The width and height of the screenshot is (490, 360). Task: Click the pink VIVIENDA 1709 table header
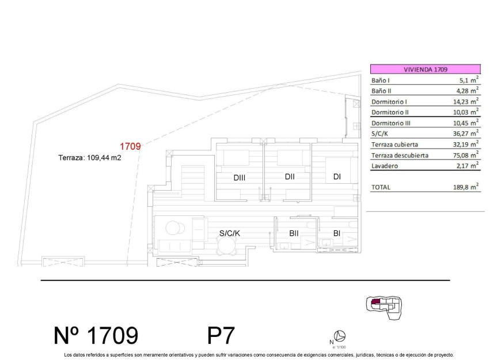click(x=425, y=69)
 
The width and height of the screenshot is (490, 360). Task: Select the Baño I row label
click(x=381, y=80)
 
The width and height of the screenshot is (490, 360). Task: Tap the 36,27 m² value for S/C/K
click(x=466, y=134)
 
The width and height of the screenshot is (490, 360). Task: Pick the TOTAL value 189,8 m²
click(x=466, y=187)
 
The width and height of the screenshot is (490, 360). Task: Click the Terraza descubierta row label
click(x=400, y=155)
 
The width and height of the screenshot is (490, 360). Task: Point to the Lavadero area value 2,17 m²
click(x=466, y=166)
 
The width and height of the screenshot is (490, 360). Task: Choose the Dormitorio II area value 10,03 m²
click(x=466, y=112)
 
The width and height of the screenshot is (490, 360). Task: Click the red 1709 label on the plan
click(x=130, y=146)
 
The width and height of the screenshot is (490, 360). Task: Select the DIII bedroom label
click(x=240, y=178)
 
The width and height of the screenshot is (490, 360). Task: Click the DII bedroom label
click(x=290, y=177)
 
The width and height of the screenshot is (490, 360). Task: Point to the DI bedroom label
click(x=336, y=177)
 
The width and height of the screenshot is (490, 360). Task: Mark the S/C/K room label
click(x=230, y=233)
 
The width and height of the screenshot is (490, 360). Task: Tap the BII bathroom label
click(x=294, y=233)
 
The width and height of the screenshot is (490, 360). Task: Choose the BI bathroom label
click(x=337, y=233)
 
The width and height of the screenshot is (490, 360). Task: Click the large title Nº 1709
click(x=96, y=335)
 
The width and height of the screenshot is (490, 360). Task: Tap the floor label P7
click(x=221, y=335)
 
